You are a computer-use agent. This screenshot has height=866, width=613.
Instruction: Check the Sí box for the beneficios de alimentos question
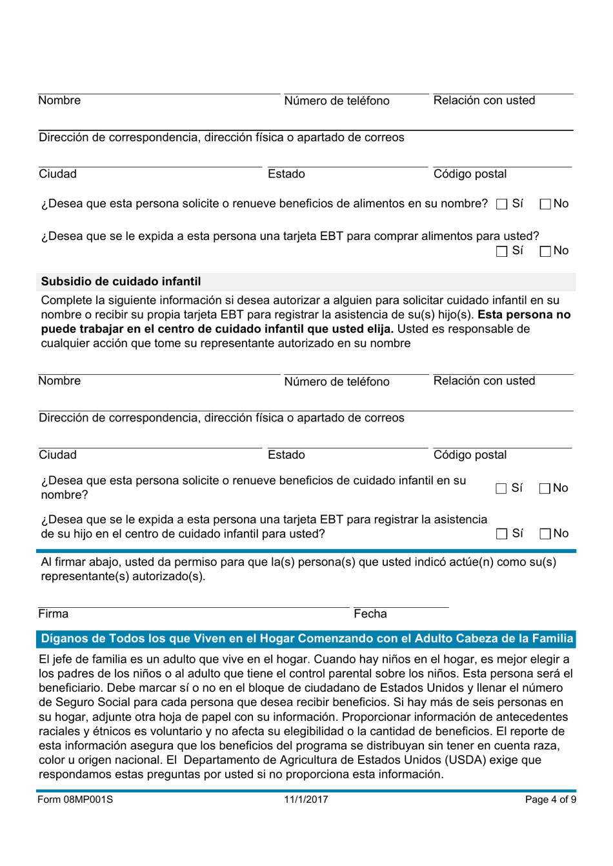click(x=502, y=205)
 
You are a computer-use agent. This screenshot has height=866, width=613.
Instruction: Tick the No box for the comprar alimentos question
click(x=545, y=252)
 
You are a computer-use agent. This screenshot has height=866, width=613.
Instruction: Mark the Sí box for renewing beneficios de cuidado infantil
click(x=501, y=489)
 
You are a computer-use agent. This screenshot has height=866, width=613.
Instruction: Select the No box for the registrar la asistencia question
click(x=545, y=534)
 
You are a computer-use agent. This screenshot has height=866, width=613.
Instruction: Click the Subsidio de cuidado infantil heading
click(x=121, y=281)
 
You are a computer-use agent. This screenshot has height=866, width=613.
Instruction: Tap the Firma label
click(x=53, y=614)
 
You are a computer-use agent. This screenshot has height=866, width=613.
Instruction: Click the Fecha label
click(x=370, y=614)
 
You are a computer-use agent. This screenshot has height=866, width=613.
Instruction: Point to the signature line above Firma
click(x=194, y=607)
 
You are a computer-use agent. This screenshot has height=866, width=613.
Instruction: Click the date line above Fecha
click(x=401, y=607)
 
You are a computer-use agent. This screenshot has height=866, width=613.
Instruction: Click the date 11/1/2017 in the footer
click(x=306, y=800)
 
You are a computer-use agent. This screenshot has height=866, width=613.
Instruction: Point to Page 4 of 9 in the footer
click(x=550, y=800)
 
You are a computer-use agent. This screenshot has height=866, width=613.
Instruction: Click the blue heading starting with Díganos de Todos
click(x=306, y=639)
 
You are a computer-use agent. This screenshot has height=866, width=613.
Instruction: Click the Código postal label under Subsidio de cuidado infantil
click(x=470, y=455)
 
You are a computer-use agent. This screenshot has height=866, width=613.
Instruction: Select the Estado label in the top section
click(x=286, y=174)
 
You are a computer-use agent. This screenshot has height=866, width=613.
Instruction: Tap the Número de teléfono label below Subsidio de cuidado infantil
click(x=337, y=381)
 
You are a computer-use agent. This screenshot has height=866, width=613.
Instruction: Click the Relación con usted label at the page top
click(x=484, y=101)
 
